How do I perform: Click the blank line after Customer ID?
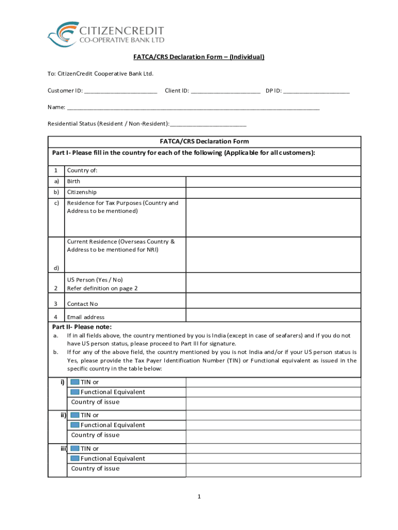[120, 92]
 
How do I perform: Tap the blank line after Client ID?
[225, 92]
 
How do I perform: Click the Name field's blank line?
[193, 108]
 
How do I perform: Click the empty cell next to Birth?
[273, 182]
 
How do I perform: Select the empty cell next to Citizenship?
[273, 192]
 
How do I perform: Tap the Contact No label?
[82, 304]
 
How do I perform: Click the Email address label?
[86, 317]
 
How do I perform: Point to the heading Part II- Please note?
[82, 327]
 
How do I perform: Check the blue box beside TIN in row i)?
[74, 382]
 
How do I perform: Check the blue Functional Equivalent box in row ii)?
[74, 425]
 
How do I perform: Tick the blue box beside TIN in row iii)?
[74, 448]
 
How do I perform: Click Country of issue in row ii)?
[95, 435]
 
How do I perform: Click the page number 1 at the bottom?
[198, 497]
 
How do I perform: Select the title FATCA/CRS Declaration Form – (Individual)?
[198, 57]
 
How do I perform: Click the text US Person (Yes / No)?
[95, 279]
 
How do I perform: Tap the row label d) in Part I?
[56, 268]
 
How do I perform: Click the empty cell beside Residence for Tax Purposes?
[273, 217]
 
